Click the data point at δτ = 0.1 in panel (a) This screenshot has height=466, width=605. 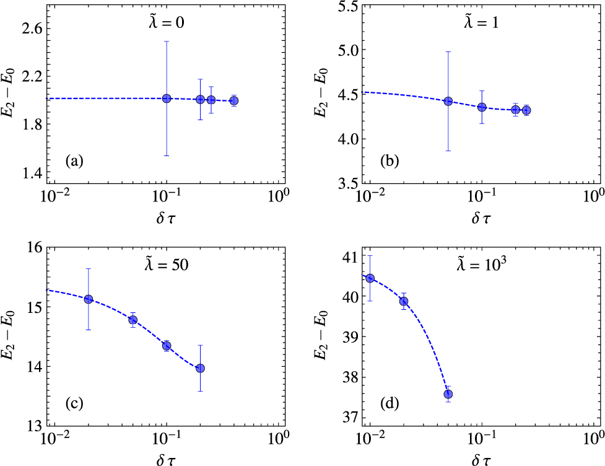(x=167, y=99)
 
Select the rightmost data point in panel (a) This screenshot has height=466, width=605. (x=233, y=100)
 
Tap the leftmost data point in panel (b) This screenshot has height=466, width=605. (x=448, y=101)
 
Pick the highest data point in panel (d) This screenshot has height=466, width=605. (x=370, y=278)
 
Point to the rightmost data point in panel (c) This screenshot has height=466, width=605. (x=200, y=368)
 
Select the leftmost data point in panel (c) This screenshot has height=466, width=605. (x=89, y=299)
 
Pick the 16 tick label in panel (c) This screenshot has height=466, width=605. (x=36, y=247)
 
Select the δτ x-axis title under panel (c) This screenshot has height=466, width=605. (x=167, y=459)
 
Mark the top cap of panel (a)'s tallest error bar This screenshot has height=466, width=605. (x=167, y=42)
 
